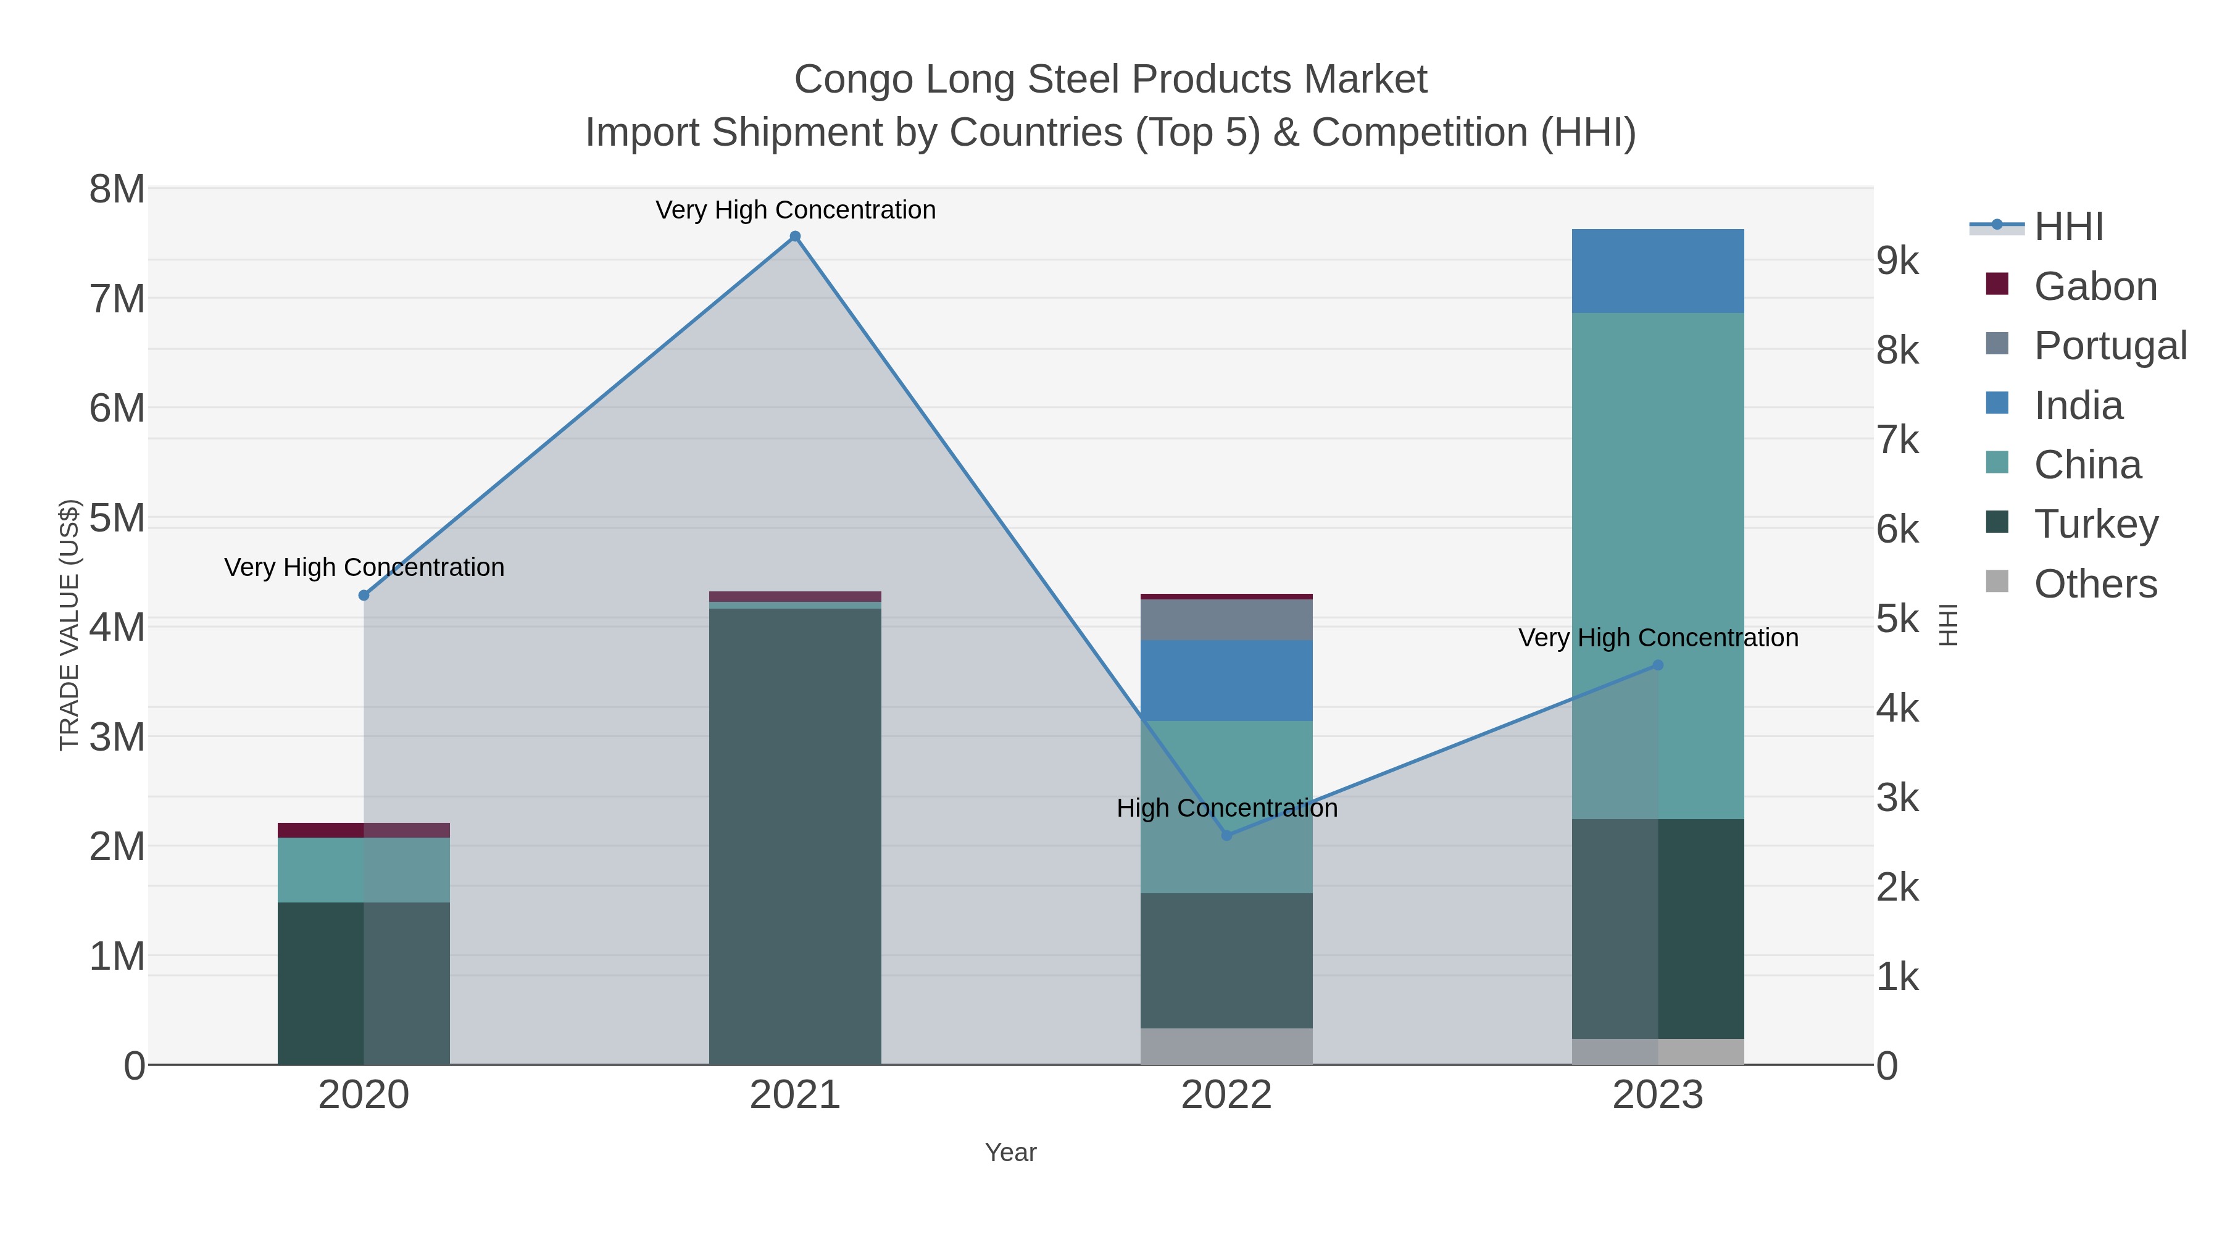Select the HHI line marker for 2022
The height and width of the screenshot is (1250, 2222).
(1226, 835)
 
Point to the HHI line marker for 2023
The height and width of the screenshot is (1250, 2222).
(1657, 665)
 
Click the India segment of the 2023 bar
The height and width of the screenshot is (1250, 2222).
(1657, 271)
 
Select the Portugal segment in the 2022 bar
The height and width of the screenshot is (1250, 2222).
(1226, 619)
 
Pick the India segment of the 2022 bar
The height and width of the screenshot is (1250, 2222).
(1226, 681)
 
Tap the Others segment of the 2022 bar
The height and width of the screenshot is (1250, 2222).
(1226, 1046)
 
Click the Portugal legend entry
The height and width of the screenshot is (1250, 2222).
(2109, 345)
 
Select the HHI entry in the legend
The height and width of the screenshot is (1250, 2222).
(2068, 227)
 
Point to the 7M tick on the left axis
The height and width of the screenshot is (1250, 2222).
(117, 299)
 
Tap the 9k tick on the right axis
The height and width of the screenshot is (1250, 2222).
(1898, 260)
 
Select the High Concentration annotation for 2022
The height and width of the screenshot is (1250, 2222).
(1226, 808)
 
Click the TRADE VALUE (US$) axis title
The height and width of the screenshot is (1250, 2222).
(69, 625)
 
